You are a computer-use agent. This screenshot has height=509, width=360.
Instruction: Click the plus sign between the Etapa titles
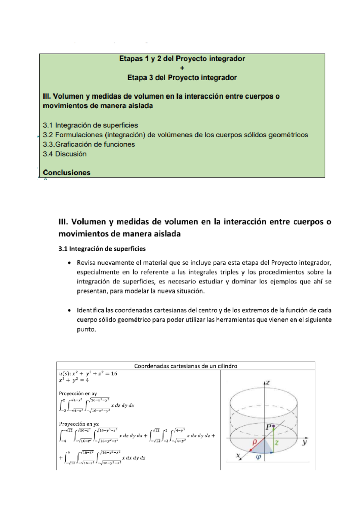pos(182,68)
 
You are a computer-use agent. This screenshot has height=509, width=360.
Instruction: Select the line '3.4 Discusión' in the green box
pos(64,154)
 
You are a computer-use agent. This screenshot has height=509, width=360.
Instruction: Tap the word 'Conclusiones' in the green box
pos(67,173)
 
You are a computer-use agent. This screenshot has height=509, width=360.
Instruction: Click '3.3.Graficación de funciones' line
pos(89,144)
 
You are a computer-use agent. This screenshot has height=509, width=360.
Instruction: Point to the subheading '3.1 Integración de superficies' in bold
pos(102,249)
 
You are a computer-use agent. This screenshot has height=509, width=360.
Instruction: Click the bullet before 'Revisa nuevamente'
pos(69,263)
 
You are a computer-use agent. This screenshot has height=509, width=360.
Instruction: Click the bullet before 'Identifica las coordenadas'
pos(69,311)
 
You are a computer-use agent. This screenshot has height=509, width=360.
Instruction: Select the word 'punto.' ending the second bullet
pos(86,329)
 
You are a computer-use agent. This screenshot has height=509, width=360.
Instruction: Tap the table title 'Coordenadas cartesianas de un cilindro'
pos(185,366)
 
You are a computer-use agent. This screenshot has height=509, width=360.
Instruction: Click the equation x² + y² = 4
pos(74,380)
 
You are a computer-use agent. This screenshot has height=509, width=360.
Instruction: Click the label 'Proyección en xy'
pos(78,393)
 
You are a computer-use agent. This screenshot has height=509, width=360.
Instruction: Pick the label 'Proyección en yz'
pos(79,424)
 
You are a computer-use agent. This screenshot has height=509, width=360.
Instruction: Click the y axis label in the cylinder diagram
pos(305,442)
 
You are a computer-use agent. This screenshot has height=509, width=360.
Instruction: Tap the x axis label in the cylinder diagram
pos(238,455)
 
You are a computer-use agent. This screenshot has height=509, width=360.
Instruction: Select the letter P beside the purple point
pos(268,427)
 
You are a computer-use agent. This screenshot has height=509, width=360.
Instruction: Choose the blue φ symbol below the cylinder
pos(258,457)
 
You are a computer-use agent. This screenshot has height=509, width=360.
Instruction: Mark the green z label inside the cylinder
pos(277,442)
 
